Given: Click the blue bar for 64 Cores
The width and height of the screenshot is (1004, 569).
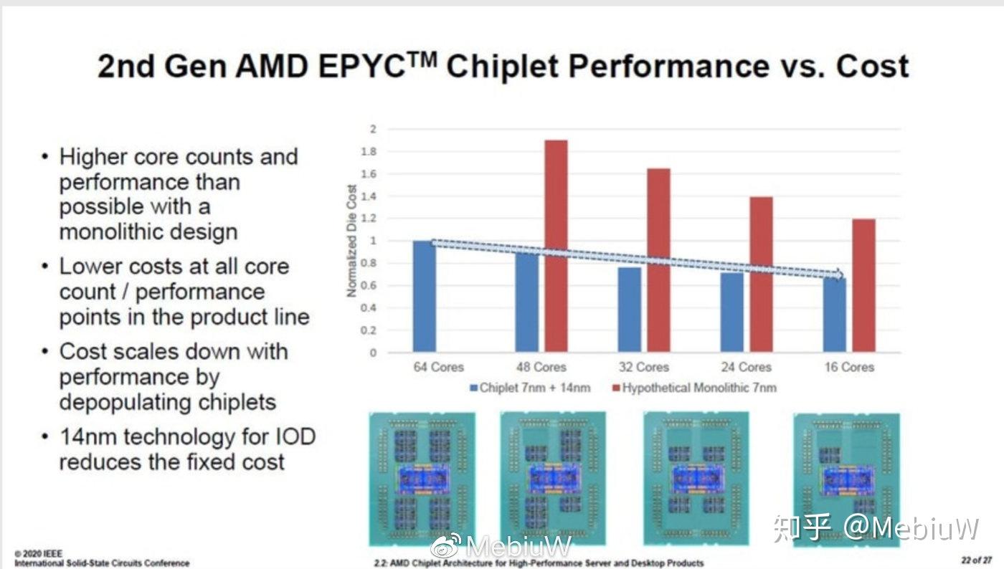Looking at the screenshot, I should [x=424, y=297].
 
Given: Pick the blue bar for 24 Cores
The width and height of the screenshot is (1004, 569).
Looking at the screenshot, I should [x=731, y=312].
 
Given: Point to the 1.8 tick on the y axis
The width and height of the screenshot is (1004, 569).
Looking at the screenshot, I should [x=369, y=152].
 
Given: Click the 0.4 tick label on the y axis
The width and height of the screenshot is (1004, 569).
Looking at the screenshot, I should [x=369, y=308].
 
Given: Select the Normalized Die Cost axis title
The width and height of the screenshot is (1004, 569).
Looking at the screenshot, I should [x=351, y=241].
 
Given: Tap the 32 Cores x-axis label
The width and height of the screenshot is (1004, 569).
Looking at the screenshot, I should [x=643, y=367].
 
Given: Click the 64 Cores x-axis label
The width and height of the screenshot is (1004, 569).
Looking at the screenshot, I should [x=438, y=367].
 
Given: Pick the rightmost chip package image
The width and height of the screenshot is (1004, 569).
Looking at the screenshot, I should [x=846, y=478].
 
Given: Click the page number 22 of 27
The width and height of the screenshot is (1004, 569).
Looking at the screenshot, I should [x=977, y=559].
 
